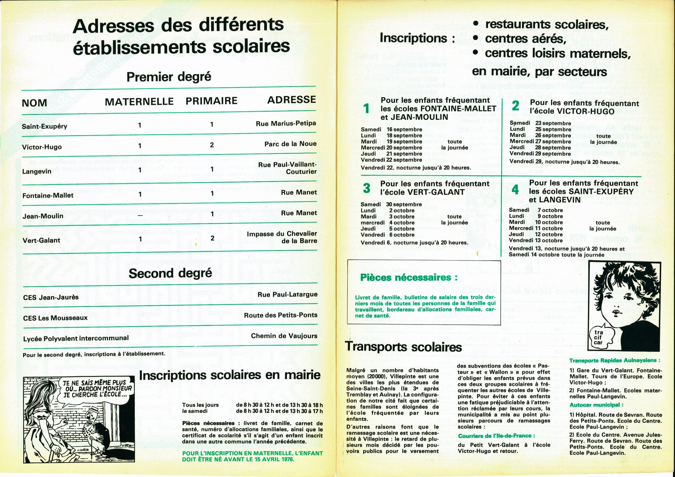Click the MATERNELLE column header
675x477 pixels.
tap(139, 102)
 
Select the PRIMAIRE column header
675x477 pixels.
tap(211, 101)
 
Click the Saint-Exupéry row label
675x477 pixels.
tap(45, 126)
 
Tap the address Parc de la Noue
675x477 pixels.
tap(290, 144)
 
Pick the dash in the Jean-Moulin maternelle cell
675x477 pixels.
tap(140, 215)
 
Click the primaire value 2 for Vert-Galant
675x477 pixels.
tap(212, 238)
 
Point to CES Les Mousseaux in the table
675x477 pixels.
tap(55, 318)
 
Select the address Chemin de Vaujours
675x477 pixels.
tap(284, 336)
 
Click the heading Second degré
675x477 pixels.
tap(170, 273)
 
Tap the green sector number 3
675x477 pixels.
tap(367, 188)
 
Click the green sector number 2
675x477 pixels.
tap(515, 106)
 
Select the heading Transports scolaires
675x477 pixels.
tap(403, 347)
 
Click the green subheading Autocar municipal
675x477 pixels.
tap(596, 405)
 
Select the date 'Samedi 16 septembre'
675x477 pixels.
tap(391, 129)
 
